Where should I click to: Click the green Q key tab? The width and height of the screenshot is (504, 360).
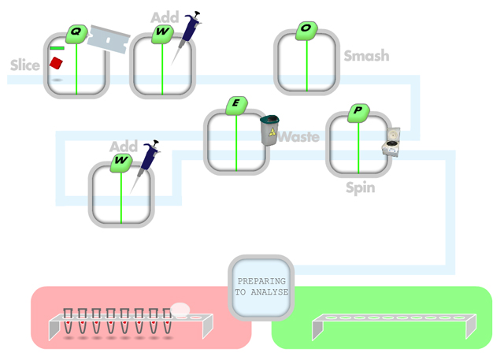pyautogui.click(x=76, y=33)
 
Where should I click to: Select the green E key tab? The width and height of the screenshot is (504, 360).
pyautogui.click(x=236, y=104)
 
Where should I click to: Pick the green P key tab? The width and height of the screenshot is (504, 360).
pyautogui.click(x=358, y=111)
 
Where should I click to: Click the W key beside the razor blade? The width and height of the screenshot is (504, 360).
pyautogui.click(x=162, y=33)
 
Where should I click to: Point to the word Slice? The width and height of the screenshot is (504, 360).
pyautogui.click(x=24, y=65)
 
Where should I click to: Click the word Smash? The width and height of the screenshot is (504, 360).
pyautogui.click(x=366, y=56)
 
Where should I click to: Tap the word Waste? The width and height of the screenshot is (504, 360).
pyautogui.click(x=299, y=137)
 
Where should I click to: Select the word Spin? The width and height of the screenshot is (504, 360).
pyautogui.click(x=360, y=188)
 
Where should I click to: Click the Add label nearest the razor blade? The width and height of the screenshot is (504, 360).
pyautogui.click(x=165, y=17)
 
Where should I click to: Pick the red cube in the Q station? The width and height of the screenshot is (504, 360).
pyautogui.click(x=56, y=63)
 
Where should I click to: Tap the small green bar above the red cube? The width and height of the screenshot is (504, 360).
pyautogui.click(x=57, y=49)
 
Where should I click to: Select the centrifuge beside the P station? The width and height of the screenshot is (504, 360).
pyautogui.click(x=391, y=142)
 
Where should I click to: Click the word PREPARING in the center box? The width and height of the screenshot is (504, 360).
pyautogui.click(x=261, y=281)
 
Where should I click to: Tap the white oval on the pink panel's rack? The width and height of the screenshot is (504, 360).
pyautogui.click(x=180, y=310)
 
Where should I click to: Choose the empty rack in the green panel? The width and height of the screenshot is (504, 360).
pyautogui.click(x=394, y=323)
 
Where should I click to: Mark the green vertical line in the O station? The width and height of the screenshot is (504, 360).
pyautogui.click(x=307, y=67)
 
